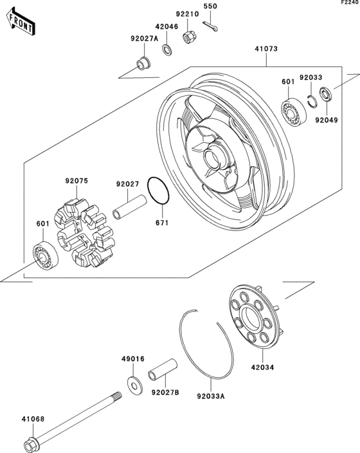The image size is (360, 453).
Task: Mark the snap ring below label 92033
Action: [311, 100]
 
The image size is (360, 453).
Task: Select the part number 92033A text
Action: [211, 397]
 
